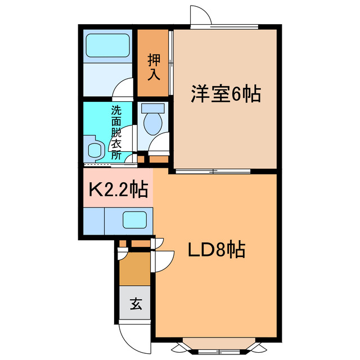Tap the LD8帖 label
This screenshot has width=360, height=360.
215,249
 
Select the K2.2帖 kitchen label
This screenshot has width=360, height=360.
115,190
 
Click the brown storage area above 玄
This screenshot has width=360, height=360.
135,269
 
